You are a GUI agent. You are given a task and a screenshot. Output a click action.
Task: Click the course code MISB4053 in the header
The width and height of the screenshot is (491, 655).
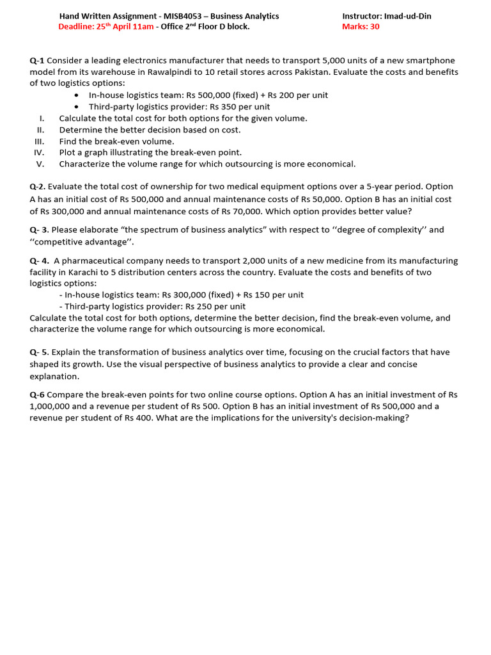(191, 16)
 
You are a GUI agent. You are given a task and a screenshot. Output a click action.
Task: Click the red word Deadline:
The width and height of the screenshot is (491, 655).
(76, 26)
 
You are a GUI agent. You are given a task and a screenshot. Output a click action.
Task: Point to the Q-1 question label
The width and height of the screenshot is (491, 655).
(37, 61)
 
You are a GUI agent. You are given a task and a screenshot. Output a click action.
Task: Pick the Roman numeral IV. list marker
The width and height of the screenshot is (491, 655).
(38, 153)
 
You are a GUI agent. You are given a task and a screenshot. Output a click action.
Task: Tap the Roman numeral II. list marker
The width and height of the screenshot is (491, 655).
(40, 130)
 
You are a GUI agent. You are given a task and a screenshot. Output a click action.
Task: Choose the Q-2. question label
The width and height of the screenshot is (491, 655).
(38, 187)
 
